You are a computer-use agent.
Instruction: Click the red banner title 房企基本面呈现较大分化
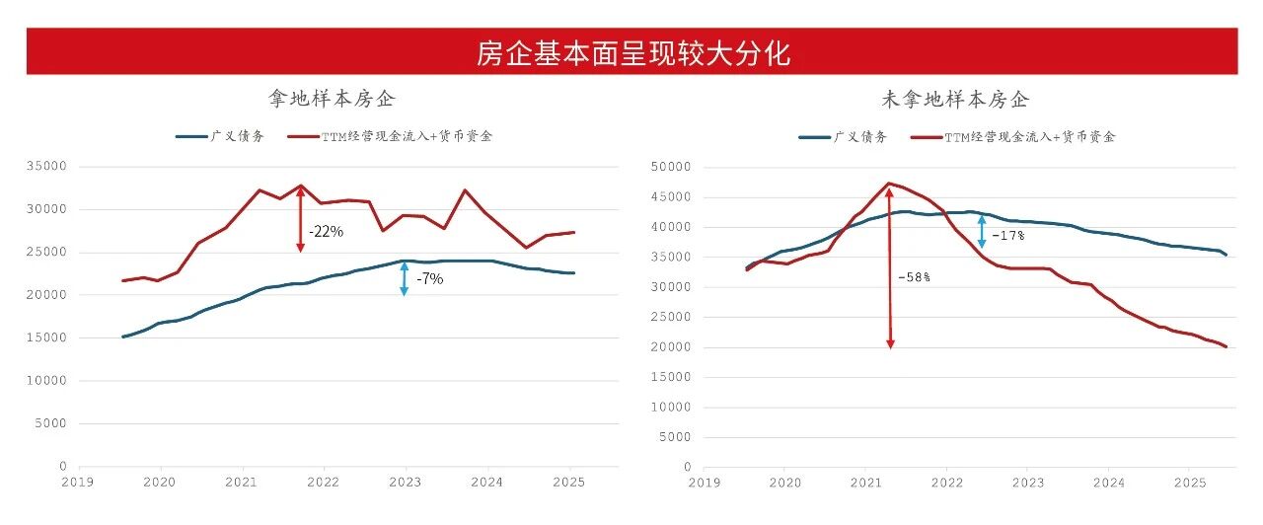pos(631,52)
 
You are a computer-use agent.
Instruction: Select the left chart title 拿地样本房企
pos(333,99)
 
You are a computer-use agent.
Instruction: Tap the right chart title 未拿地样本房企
pos(954,100)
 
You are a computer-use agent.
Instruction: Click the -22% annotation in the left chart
pos(326,232)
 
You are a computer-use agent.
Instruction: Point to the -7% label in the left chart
pos(429,279)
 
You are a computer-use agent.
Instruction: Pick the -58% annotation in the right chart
pos(913,277)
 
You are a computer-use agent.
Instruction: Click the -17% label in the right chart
pos(1007,236)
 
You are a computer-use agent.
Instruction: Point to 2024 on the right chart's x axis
pos(1108,483)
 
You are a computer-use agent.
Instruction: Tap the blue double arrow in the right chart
pos(982,232)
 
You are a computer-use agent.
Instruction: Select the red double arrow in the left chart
pos(301,218)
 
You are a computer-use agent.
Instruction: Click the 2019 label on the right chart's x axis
pos(704,483)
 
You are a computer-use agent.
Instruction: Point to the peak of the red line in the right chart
pos(890,183)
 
